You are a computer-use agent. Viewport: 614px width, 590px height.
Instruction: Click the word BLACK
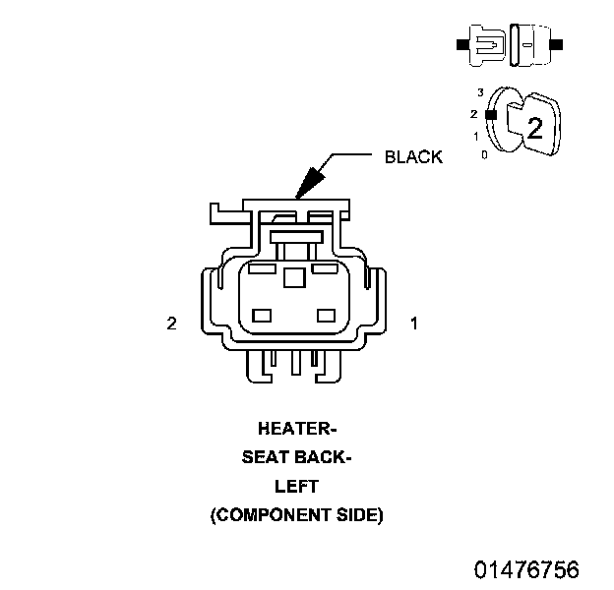click(x=413, y=156)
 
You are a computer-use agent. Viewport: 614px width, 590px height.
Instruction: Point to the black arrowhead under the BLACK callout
click(x=310, y=181)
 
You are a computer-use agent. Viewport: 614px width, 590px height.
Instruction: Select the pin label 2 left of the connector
click(x=171, y=323)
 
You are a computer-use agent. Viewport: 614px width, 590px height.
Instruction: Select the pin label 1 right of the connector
click(x=414, y=323)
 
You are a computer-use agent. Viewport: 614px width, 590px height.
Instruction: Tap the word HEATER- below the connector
click(x=297, y=429)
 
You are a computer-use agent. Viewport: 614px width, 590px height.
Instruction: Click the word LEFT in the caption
click(x=296, y=486)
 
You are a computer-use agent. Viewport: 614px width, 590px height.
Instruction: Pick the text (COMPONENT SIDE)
click(x=296, y=514)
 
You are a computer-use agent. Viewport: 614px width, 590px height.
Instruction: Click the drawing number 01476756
click(x=526, y=570)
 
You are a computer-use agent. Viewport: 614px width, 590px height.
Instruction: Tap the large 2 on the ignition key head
click(x=534, y=128)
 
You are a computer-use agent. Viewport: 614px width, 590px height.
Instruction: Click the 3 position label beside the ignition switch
click(x=479, y=92)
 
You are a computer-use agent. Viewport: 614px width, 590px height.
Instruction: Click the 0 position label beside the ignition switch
click(x=483, y=154)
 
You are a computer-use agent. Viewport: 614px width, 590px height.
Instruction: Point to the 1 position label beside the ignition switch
click(x=476, y=135)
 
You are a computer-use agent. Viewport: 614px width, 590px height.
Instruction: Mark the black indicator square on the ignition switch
click(x=490, y=114)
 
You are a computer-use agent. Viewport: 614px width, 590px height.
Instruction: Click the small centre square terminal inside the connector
click(x=293, y=278)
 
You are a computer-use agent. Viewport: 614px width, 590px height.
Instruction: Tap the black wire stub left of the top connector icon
click(x=460, y=44)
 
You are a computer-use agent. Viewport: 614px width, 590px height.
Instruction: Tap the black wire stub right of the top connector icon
click(x=557, y=44)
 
